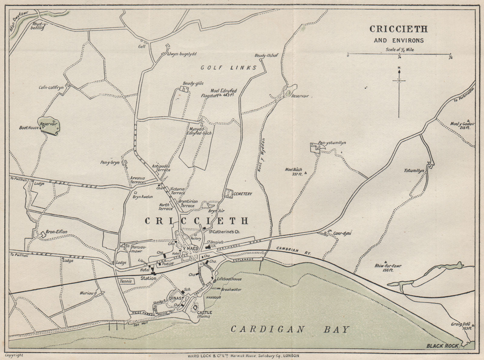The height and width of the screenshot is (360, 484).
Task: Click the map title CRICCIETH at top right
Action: tap(399, 29)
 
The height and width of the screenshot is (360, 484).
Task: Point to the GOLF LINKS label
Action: tap(228, 68)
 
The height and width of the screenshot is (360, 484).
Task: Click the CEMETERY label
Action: tap(243, 194)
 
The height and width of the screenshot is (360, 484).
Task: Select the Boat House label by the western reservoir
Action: tap(29, 128)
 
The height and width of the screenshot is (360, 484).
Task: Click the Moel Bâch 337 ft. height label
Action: tap(293, 172)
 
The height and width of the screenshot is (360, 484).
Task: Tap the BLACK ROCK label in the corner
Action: tap(443, 346)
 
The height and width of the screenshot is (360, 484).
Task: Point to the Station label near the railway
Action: tap(148, 278)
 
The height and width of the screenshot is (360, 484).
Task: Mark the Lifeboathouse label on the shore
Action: tap(229, 279)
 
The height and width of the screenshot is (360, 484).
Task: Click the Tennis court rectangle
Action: tap(126, 281)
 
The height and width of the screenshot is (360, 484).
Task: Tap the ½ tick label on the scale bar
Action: tap(450, 58)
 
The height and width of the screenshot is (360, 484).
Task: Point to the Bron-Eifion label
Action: tap(56, 232)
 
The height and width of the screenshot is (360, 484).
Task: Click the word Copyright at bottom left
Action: tap(14, 355)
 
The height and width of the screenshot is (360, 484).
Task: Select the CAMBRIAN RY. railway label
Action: tap(293, 250)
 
